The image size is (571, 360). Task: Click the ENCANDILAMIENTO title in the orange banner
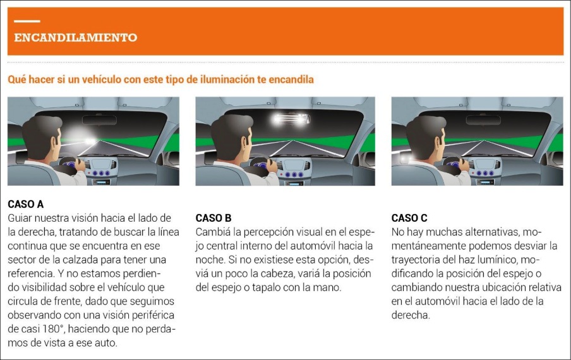click(x=75, y=37)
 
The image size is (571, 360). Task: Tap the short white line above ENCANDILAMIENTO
click(x=27, y=22)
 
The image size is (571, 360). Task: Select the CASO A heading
click(x=25, y=205)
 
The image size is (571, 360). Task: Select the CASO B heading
click(x=213, y=218)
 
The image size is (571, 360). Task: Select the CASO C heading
click(x=409, y=218)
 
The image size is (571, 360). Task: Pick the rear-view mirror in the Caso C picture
click(x=483, y=119)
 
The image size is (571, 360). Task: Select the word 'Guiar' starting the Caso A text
click(x=20, y=218)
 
